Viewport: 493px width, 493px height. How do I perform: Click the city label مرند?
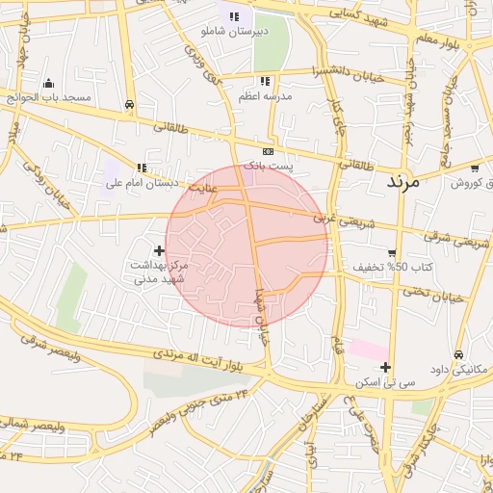point(404,180)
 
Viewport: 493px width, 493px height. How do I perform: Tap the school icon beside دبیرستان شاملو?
point(234,16)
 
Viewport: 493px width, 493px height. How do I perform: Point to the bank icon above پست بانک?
point(268,151)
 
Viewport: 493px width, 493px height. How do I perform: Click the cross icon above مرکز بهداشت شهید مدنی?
point(160,250)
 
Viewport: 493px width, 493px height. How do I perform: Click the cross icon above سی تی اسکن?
point(385,367)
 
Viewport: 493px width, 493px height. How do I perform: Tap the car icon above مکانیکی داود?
point(457,354)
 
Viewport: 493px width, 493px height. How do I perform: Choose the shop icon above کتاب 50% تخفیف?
point(391,253)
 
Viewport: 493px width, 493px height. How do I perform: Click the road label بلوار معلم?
point(438,39)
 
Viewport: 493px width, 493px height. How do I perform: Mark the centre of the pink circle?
point(247,246)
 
